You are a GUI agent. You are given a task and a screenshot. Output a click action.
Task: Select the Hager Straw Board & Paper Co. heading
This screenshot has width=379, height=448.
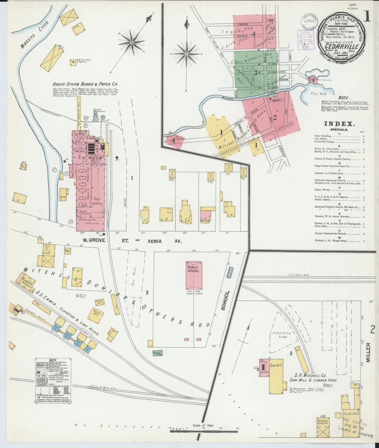pos(85,84)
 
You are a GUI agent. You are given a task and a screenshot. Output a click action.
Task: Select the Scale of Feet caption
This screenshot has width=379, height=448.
pos(203,425)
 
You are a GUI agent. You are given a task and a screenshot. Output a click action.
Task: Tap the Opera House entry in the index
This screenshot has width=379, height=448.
pos(323,190)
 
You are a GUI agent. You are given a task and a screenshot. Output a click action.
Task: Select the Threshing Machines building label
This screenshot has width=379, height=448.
pos(322,423)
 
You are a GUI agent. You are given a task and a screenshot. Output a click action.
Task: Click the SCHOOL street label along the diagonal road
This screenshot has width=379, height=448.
pos(223,300)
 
